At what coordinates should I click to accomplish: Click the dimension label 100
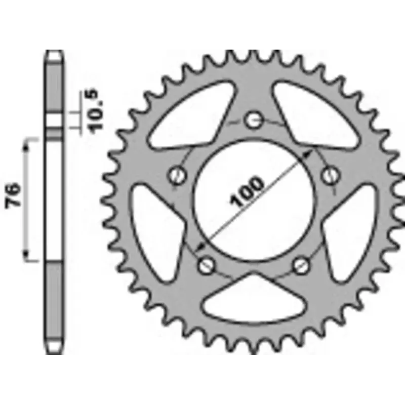pos(247,192)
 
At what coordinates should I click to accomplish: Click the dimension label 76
pos(13,195)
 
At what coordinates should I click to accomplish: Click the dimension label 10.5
pos(95,111)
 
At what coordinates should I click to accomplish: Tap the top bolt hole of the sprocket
pos(254,120)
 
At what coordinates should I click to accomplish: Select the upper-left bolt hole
pos(178,176)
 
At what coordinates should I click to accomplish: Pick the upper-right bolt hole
pos(331,176)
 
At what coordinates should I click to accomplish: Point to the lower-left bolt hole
pos(207,265)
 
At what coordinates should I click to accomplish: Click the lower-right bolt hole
pos(301,265)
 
